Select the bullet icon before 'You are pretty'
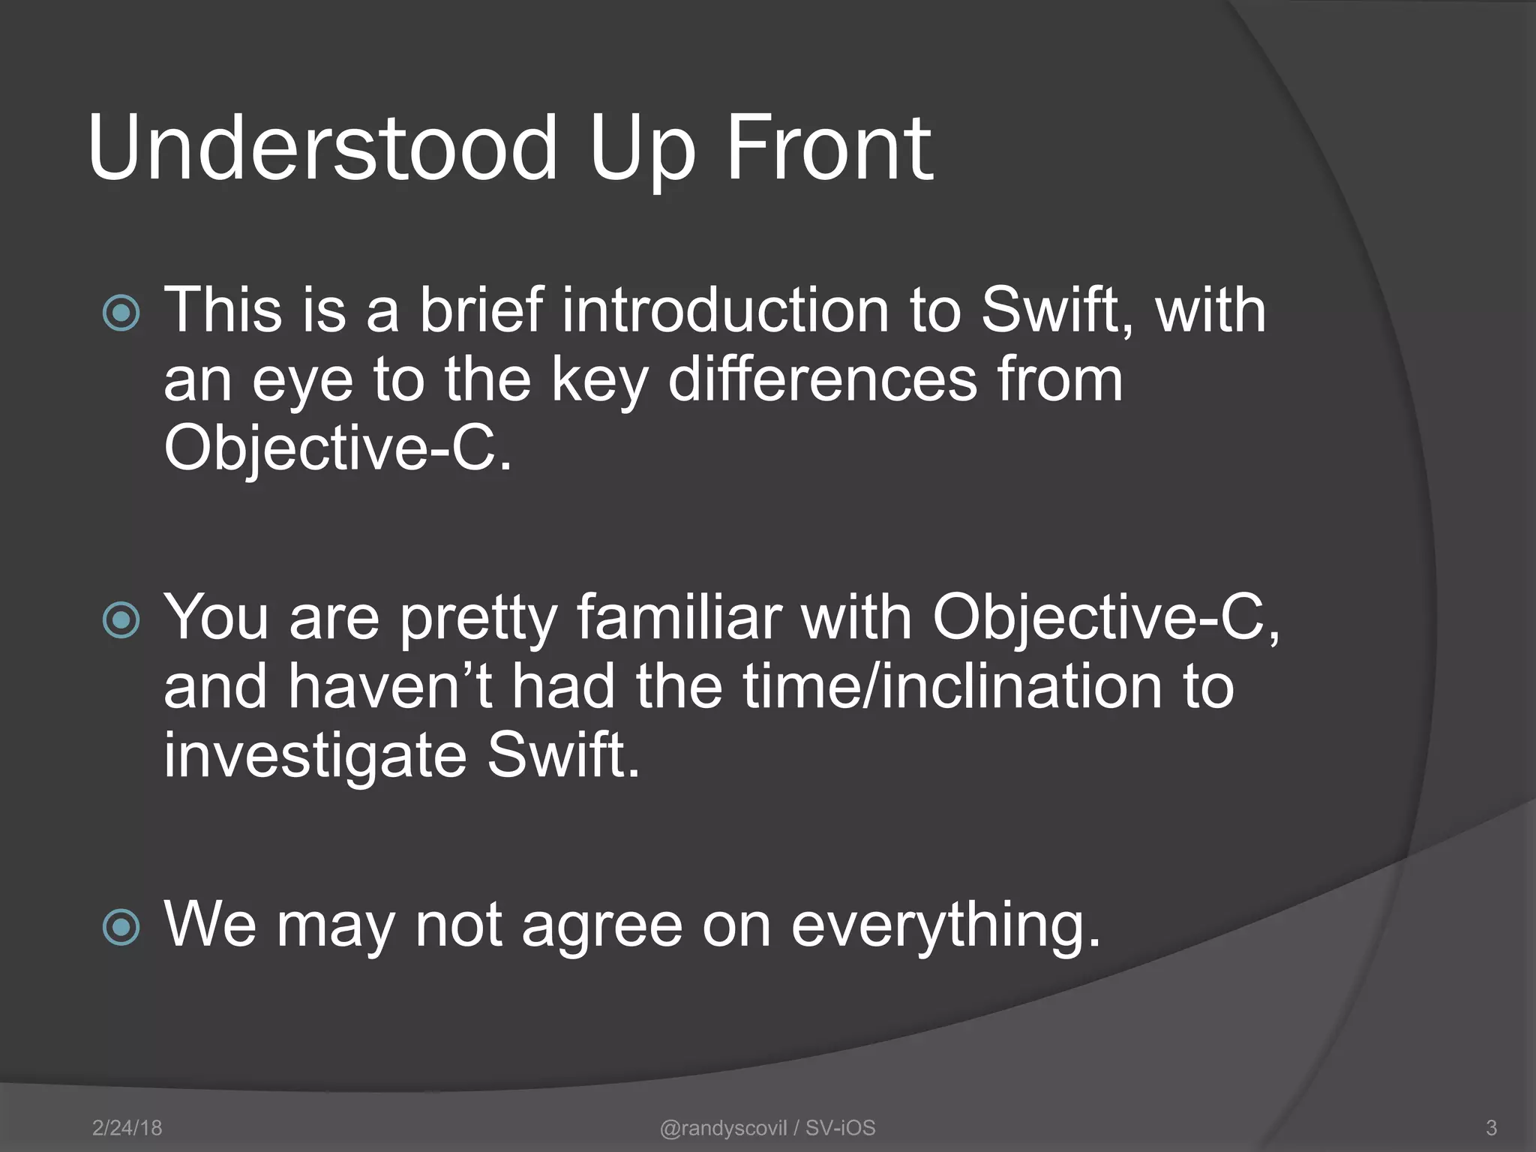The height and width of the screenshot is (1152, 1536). click(x=121, y=619)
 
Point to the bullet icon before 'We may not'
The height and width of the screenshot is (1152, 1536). click(x=121, y=927)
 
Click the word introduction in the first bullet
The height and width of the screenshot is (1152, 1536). click(x=725, y=310)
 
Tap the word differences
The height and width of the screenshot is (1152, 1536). click(x=823, y=379)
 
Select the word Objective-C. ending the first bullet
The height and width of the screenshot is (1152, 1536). click(x=337, y=448)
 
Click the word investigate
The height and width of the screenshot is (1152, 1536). click(x=315, y=756)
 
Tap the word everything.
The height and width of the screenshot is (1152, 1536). click(x=946, y=925)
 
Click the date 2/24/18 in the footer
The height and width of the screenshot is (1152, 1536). click(x=127, y=1127)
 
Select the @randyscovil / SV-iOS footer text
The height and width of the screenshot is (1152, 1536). click(x=767, y=1127)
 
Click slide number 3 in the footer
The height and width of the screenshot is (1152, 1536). click(x=1491, y=1127)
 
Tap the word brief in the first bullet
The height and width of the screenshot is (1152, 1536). click(x=480, y=310)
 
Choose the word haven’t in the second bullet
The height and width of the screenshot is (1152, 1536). click(x=390, y=687)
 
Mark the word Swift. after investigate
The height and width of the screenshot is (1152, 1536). click(x=563, y=756)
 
